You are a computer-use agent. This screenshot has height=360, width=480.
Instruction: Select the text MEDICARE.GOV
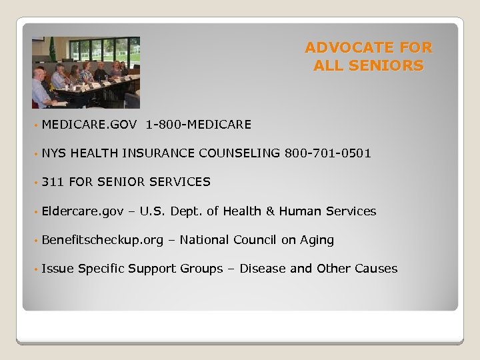(89, 124)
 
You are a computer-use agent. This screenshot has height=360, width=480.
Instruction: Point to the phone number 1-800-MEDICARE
(198, 124)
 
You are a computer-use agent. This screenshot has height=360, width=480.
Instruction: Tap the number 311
(52, 182)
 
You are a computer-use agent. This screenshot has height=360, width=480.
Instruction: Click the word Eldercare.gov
(82, 211)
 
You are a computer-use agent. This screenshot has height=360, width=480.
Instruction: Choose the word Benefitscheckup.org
(102, 240)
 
